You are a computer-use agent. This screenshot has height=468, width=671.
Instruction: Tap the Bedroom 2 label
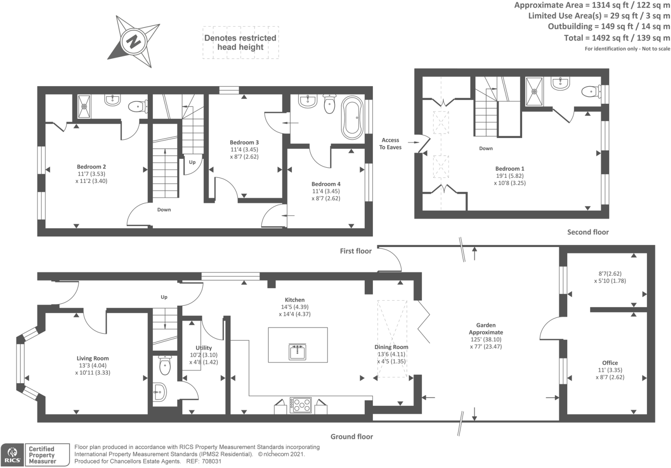[91, 167]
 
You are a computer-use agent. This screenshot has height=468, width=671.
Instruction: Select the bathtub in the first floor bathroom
[352, 118]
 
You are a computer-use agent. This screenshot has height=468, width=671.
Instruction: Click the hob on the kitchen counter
[300, 405]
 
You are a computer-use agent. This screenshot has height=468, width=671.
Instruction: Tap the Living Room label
[93, 359]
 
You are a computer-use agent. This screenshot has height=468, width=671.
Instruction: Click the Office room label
[610, 363]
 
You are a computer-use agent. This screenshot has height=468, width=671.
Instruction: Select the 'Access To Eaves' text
[390, 144]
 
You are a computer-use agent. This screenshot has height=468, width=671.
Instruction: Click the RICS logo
[12, 455]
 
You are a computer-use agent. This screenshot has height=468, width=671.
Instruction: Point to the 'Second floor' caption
[588, 232]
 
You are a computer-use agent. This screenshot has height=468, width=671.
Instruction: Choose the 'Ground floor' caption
[352, 436]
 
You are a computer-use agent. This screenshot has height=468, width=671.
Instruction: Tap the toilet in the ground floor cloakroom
[165, 365]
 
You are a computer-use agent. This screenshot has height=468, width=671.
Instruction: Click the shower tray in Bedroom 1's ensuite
[534, 91]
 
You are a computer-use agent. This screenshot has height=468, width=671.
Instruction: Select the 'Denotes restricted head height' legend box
[241, 42]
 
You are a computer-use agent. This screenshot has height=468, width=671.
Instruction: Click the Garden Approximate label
[486, 329]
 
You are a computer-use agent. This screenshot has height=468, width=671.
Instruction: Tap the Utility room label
[204, 348]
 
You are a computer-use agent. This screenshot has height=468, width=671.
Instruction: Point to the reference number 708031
[212, 462]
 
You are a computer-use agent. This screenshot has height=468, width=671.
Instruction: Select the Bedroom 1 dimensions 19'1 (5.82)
[510, 176]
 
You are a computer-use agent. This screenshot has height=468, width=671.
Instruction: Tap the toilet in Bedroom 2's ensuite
[138, 106]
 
